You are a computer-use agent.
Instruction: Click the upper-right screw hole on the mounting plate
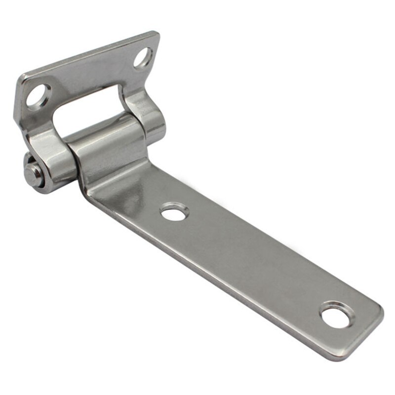click(143, 57)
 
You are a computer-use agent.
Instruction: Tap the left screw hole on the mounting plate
click(38, 95)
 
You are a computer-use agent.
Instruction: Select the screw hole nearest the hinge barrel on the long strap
click(175, 213)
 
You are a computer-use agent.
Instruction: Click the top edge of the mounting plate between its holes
click(89, 54)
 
